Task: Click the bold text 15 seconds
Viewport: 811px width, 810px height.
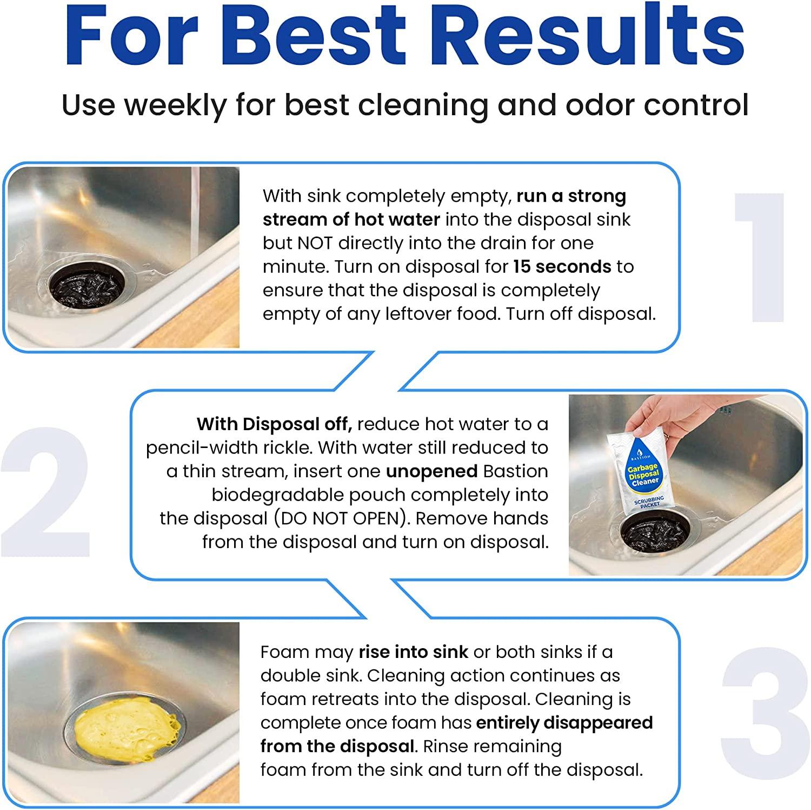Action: [562, 267]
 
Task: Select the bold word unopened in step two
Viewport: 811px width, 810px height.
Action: [431, 471]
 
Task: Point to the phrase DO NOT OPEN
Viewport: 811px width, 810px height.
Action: [339, 518]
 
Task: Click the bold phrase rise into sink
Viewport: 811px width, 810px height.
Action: [413, 652]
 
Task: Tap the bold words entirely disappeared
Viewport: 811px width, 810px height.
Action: [564, 723]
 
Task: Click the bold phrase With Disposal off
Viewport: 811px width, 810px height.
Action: [274, 424]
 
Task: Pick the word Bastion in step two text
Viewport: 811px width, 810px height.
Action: [515, 471]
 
